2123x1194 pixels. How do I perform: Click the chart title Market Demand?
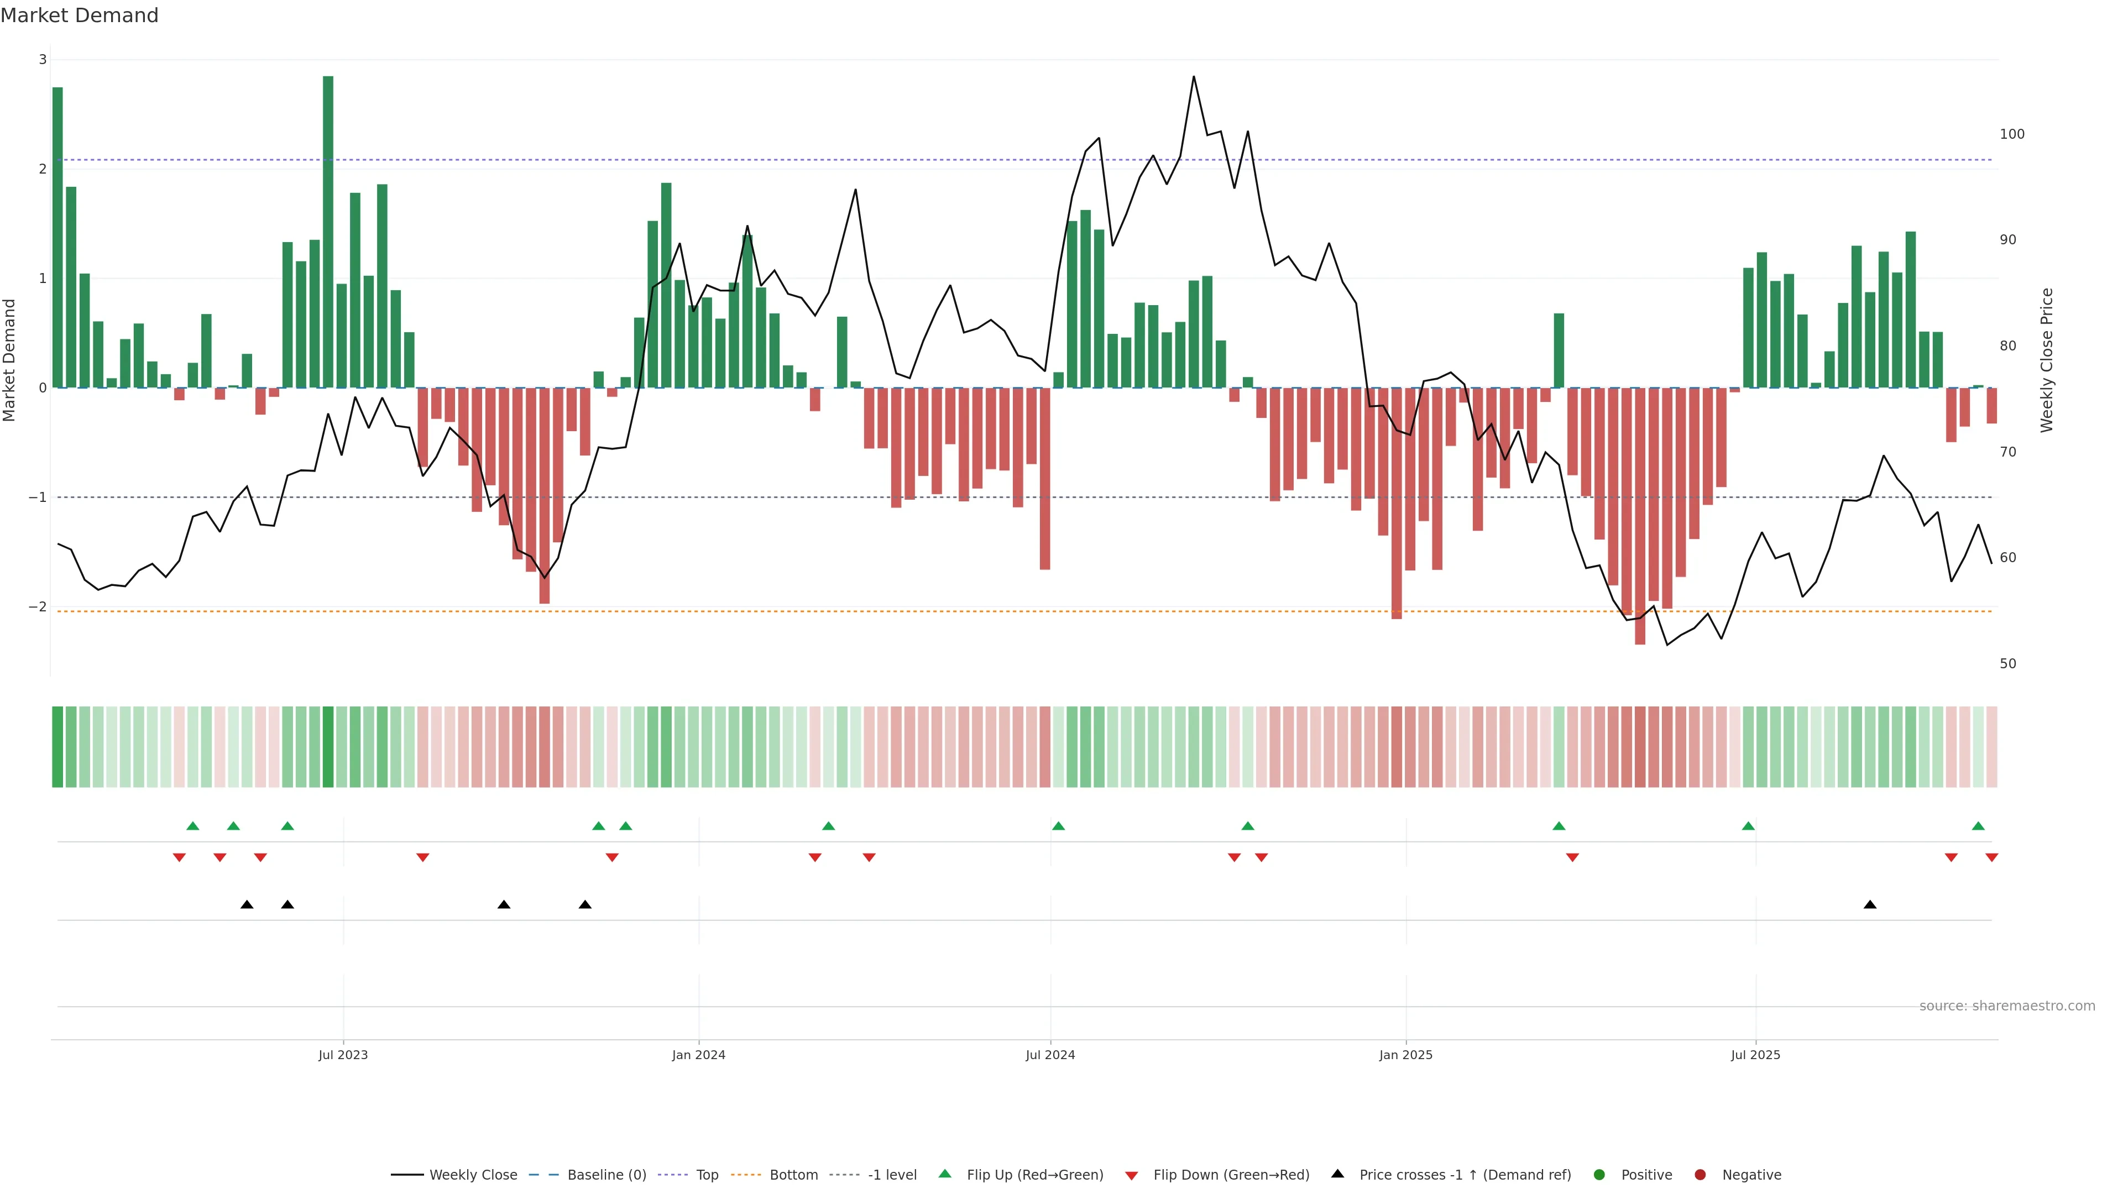point(79,15)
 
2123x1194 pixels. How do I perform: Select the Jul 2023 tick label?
point(343,1055)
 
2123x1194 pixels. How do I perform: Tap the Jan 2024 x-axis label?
point(698,1055)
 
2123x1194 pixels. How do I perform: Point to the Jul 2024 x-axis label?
point(1050,1055)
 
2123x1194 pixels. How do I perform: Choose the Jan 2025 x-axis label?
point(1405,1055)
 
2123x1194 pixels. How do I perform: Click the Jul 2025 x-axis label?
point(1755,1055)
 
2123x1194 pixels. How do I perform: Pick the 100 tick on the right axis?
point(2012,134)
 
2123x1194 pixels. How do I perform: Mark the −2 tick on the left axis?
point(38,606)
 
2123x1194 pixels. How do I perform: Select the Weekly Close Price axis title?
point(2046,360)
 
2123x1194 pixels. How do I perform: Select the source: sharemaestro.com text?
point(2007,1006)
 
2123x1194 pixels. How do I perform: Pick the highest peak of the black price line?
point(1194,77)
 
